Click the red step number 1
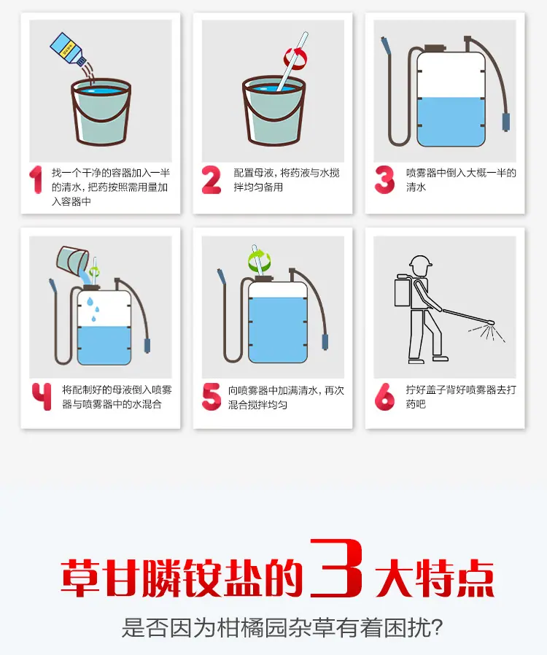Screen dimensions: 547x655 click(36, 180)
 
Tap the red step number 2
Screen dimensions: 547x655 click(212, 180)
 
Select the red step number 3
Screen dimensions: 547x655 click(384, 180)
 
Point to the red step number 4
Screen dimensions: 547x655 click(42, 396)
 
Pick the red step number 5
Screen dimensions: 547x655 click(212, 396)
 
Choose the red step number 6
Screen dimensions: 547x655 click(384, 396)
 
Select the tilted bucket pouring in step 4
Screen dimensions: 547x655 click(71, 259)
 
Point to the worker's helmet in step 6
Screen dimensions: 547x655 click(420, 262)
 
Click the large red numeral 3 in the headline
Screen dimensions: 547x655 click(336, 567)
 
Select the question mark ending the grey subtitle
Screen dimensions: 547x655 click(435, 627)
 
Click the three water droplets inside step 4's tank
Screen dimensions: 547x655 click(93, 309)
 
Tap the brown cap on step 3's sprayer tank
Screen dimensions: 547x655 click(433, 49)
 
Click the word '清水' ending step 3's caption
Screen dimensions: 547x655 click(416, 187)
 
